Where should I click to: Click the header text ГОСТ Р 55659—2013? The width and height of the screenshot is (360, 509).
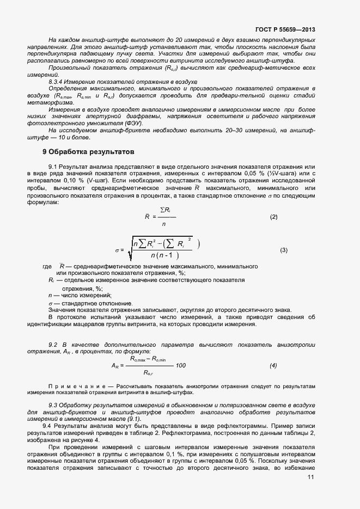285,30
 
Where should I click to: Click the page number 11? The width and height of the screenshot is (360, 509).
311,477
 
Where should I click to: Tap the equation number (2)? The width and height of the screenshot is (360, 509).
273,217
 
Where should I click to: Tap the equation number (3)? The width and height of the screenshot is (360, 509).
283,250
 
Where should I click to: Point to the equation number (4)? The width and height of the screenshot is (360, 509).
273,365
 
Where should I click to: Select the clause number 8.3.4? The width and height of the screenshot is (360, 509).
58,81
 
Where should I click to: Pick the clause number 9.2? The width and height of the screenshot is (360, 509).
53,345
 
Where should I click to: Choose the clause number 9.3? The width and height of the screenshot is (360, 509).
53,406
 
